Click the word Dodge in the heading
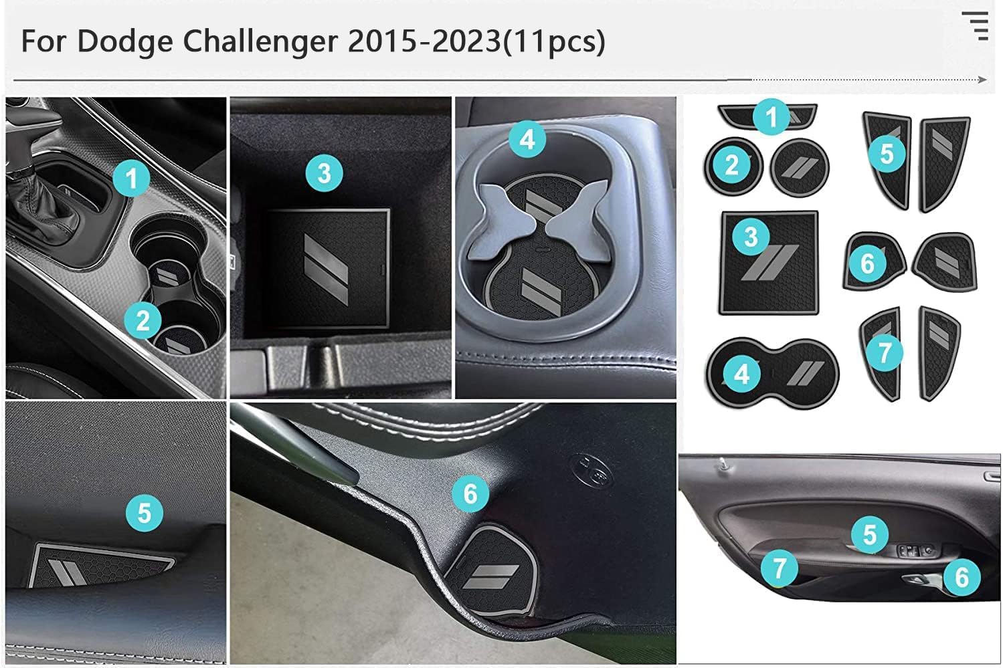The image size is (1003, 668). pyautogui.click(x=125, y=41)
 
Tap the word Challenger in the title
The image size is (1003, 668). pyautogui.click(x=260, y=42)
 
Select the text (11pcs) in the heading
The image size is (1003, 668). pyautogui.click(x=553, y=42)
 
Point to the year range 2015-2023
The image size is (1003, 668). pyautogui.click(x=424, y=41)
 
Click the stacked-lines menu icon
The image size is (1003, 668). pyautogui.click(x=976, y=26)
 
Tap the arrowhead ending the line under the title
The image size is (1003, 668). pyautogui.click(x=983, y=80)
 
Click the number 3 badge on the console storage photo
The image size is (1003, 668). pyautogui.click(x=324, y=173)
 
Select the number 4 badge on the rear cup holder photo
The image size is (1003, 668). pyautogui.click(x=527, y=139)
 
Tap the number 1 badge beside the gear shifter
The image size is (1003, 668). pyautogui.click(x=131, y=179)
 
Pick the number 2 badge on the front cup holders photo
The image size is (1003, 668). pyautogui.click(x=143, y=320)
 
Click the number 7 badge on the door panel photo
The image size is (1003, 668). pyautogui.click(x=780, y=568)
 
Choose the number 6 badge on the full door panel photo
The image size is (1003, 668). pyautogui.click(x=962, y=577)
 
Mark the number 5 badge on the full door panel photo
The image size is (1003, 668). pyautogui.click(x=870, y=534)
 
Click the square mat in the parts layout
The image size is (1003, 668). pyautogui.click(x=769, y=263)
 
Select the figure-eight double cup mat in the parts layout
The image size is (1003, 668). pyautogui.click(x=772, y=373)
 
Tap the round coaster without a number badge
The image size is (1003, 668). pyautogui.click(x=800, y=167)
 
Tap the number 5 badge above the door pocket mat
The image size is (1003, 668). pyautogui.click(x=144, y=513)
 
